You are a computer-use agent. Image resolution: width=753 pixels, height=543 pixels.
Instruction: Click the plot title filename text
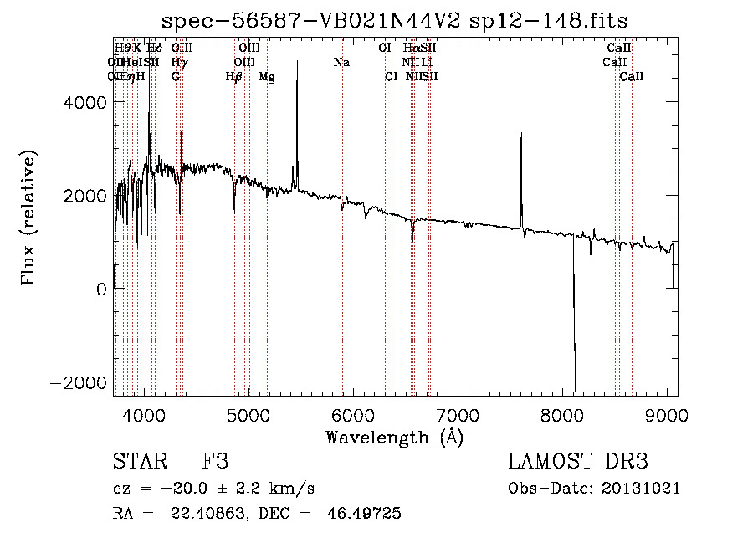[395, 19]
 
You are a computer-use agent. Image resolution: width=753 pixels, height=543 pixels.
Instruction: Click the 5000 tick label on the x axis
[248, 415]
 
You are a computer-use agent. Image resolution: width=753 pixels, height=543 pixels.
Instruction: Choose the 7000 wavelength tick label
[458, 415]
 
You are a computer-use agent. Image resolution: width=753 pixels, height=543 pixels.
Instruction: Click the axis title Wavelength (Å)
[394, 437]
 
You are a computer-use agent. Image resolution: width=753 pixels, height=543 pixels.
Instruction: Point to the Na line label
[341, 62]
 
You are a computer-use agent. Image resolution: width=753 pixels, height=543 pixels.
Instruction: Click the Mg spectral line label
[266, 76]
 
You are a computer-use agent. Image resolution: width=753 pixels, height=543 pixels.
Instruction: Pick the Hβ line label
[234, 76]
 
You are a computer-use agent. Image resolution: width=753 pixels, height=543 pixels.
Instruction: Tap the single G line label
[176, 76]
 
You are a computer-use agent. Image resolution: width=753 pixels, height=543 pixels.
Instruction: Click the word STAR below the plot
[137, 462]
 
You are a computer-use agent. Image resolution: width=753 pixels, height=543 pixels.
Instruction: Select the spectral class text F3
[215, 462]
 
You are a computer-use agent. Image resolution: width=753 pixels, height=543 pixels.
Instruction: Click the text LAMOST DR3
[578, 462]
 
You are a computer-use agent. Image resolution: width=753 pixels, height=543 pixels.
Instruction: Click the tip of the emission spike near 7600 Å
[521, 134]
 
